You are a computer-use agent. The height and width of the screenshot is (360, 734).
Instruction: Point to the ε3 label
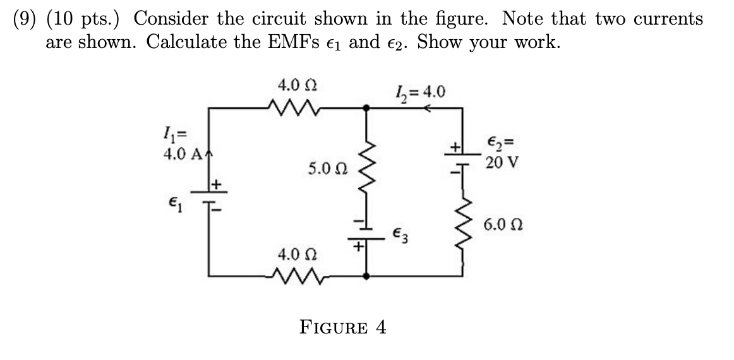click(402, 234)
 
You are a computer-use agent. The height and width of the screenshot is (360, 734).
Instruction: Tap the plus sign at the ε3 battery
click(356, 248)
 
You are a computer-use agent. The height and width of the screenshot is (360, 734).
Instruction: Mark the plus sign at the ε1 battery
click(217, 183)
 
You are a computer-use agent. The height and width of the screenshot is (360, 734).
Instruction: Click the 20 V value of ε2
click(503, 162)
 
